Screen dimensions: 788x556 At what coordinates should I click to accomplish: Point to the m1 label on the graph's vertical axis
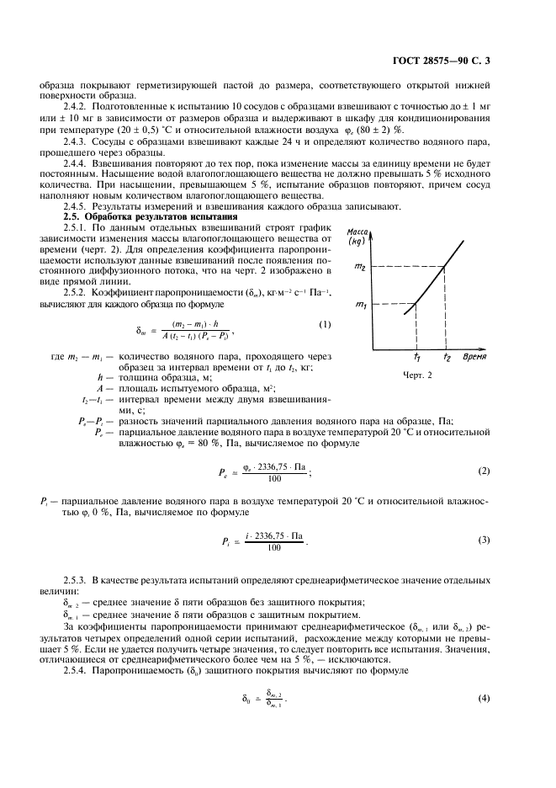coord(361,303)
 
